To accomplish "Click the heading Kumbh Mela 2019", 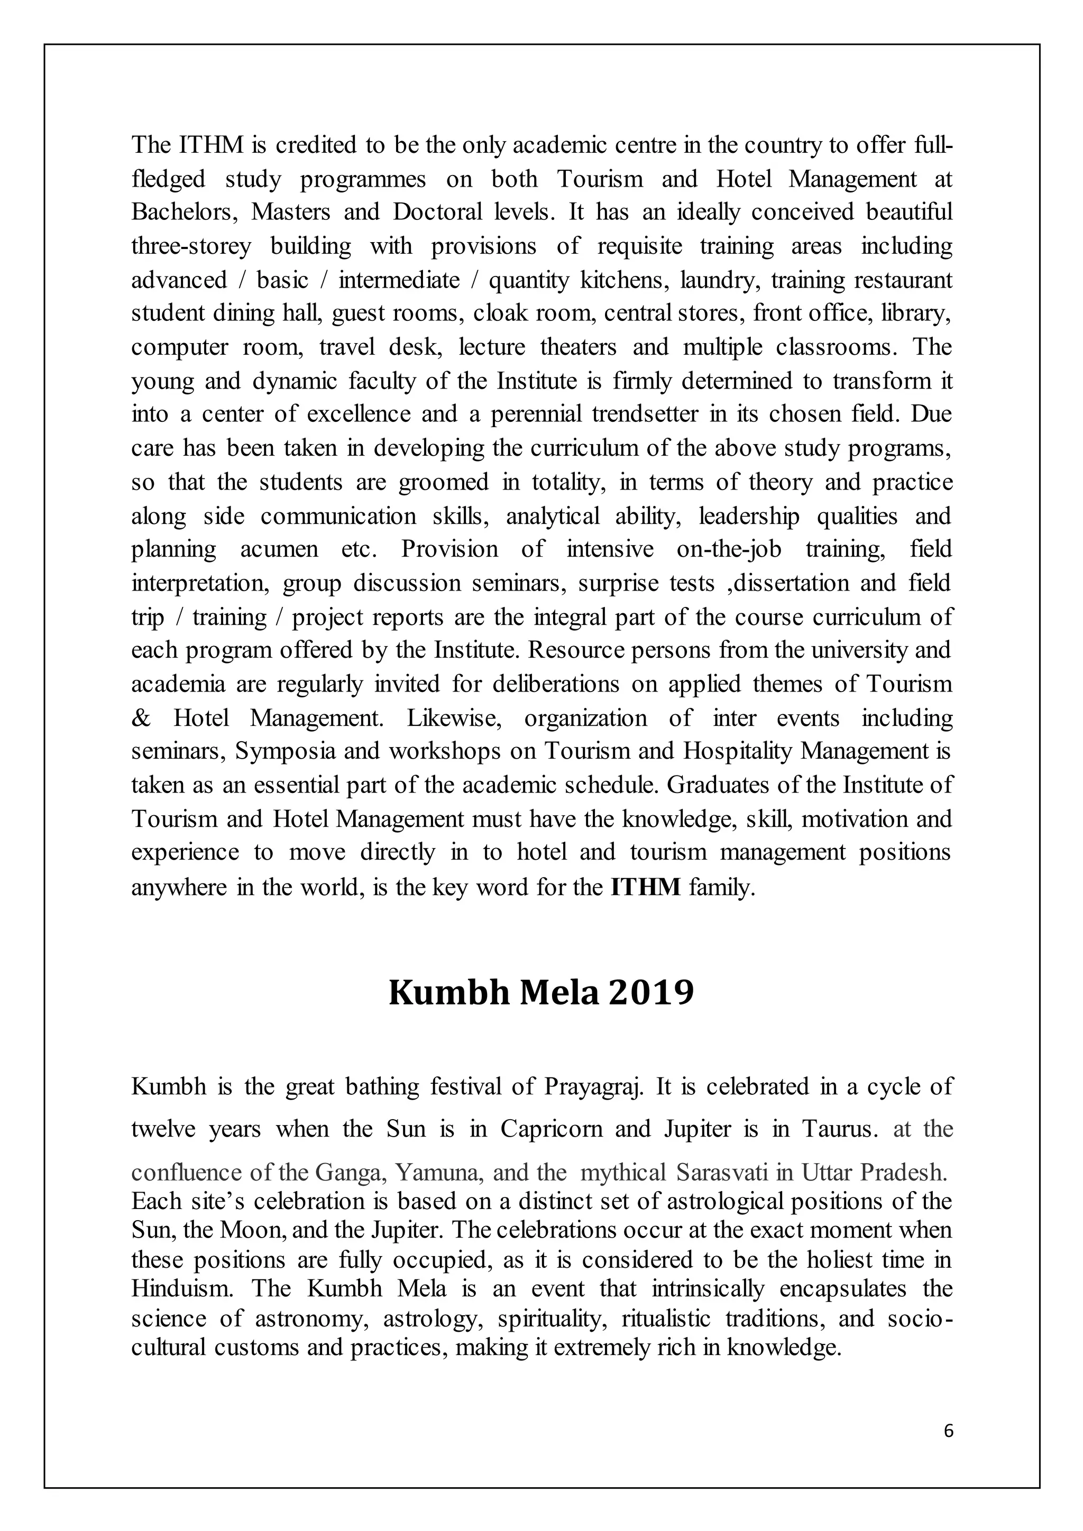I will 541,993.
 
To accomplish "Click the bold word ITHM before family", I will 645,887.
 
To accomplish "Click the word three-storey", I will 191,246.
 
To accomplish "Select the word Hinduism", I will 182,1288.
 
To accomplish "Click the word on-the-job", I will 729,549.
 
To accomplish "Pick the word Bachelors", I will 183,212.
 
